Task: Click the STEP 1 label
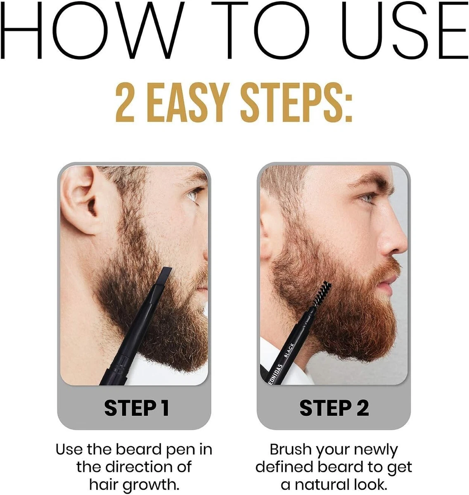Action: [137, 408]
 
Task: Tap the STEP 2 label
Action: [334, 408]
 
